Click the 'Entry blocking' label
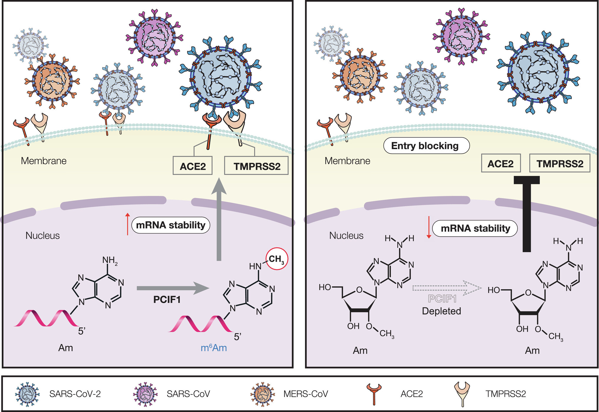click(x=426, y=146)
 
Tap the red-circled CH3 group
click(x=277, y=259)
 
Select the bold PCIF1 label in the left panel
click(x=167, y=300)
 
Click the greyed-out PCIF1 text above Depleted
click(x=442, y=299)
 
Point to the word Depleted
click(x=441, y=311)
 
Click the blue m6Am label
click(x=214, y=348)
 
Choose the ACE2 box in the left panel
click(x=192, y=166)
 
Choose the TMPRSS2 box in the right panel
click(x=560, y=164)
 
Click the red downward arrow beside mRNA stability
click(x=429, y=227)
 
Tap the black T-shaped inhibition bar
click(x=527, y=212)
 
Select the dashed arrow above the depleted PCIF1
click(x=446, y=288)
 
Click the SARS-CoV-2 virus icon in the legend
click(x=27, y=394)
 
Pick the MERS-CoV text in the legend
click(x=306, y=394)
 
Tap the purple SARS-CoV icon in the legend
click(x=145, y=394)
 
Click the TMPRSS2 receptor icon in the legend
click(x=462, y=394)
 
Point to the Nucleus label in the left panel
click(x=43, y=236)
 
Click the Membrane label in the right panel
click(x=347, y=161)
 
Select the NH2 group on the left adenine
click(x=110, y=260)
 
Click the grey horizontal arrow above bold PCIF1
click(x=173, y=288)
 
